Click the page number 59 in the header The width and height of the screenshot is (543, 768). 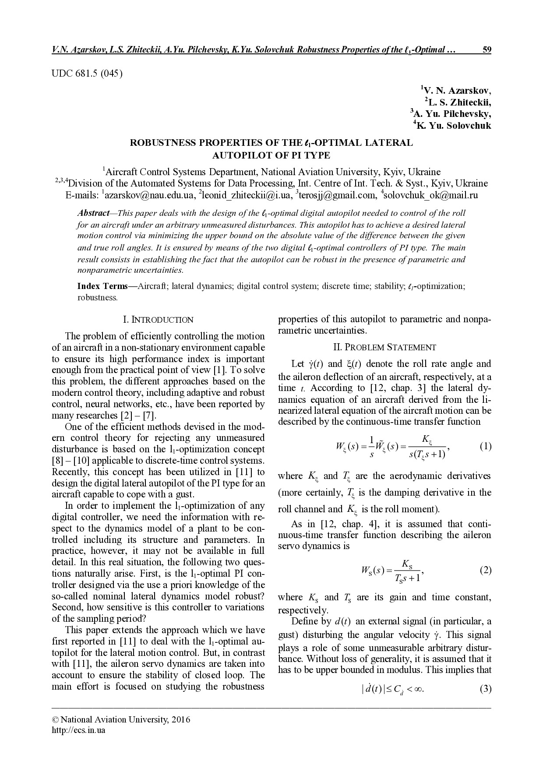pos(486,49)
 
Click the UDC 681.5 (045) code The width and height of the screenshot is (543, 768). pos(87,73)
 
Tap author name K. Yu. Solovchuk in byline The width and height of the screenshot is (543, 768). pos(454,126)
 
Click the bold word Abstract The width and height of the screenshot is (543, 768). pos(93,213)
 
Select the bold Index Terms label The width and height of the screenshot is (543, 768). pos(102,286)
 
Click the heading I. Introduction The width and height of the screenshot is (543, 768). pos(158,320)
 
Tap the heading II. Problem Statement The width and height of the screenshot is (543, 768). pos(384,347)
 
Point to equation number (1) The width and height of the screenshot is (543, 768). pos(486,447)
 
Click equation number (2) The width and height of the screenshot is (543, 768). pos(486,570)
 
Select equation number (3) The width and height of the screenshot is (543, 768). pos(486,689)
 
